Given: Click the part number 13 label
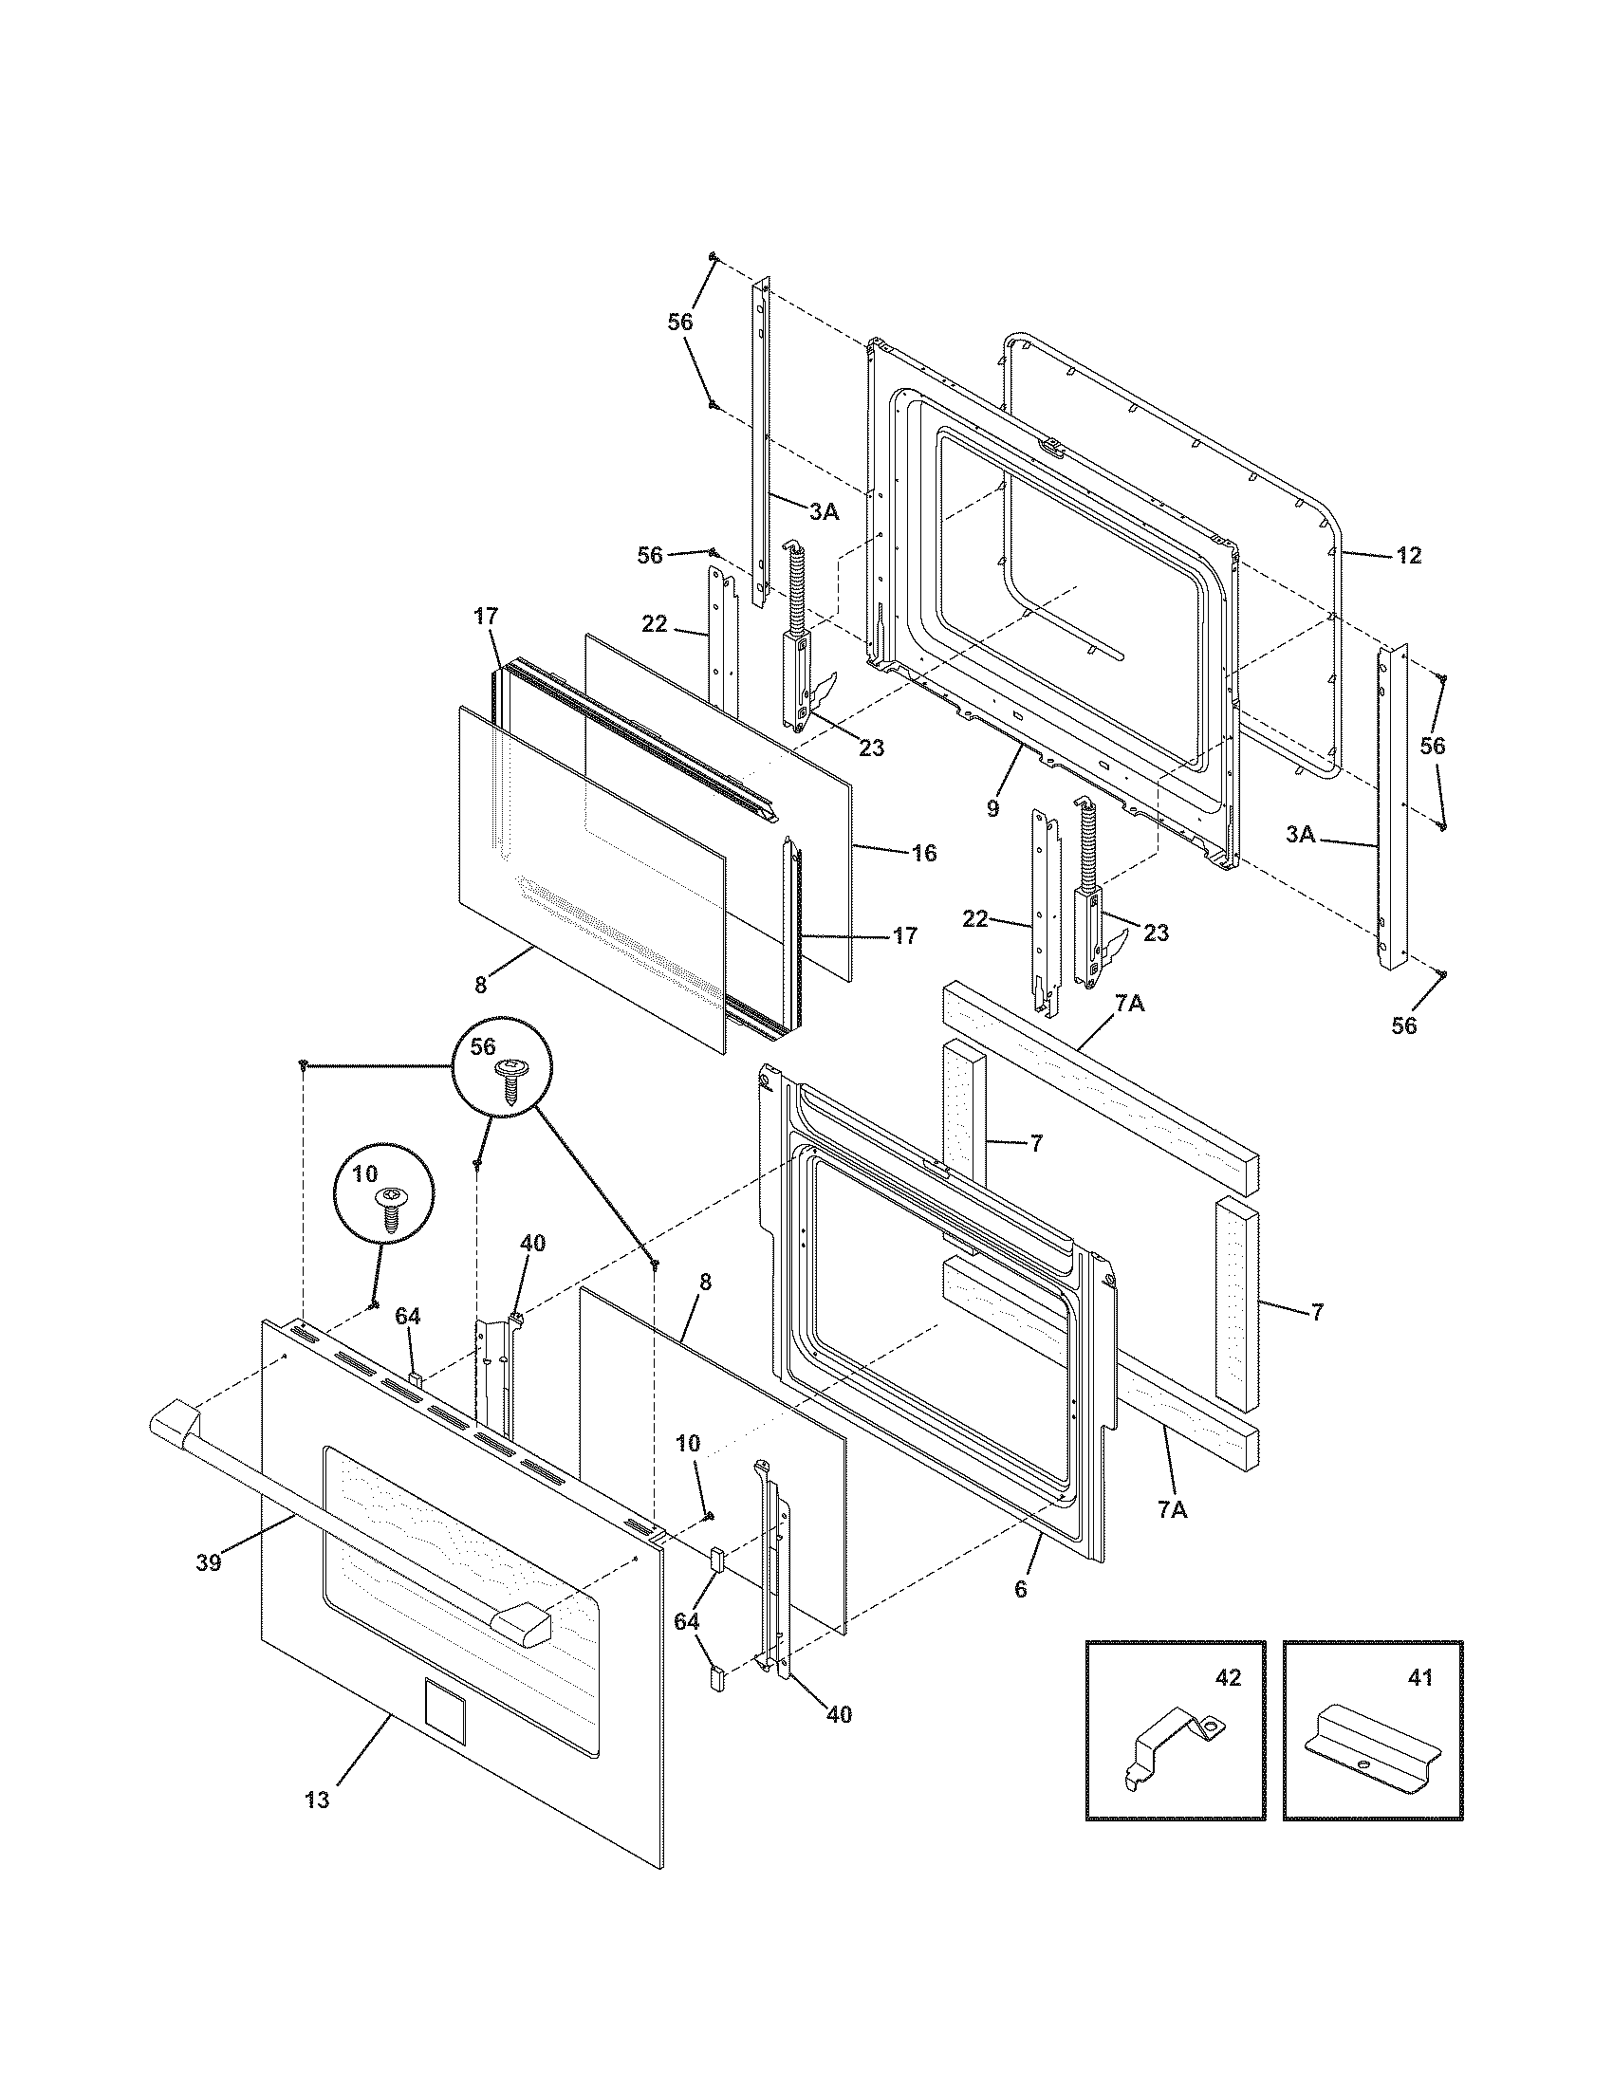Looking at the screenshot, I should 317,1801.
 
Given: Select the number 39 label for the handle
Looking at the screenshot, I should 209,1563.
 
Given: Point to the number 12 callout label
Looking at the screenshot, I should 1408,555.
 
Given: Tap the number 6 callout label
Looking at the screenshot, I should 1021,1589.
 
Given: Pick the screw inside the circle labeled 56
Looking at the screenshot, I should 508,1080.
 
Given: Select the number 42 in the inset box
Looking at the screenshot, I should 1228,1677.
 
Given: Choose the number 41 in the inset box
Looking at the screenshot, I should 1421,1677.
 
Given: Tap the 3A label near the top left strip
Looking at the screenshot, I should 824,512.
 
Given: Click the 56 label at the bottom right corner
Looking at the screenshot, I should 1403,1026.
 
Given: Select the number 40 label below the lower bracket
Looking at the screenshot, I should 838,1714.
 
